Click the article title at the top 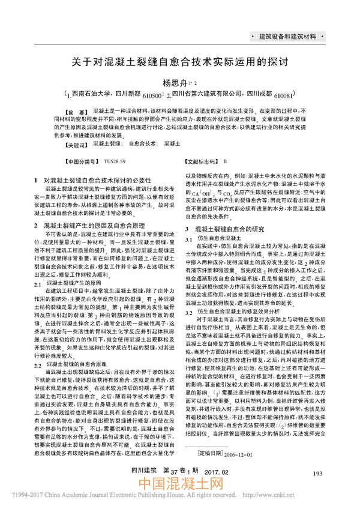[x=180, y=62]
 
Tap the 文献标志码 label [x=201, y=161]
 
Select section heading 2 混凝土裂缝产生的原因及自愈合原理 [x=97, y=224]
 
